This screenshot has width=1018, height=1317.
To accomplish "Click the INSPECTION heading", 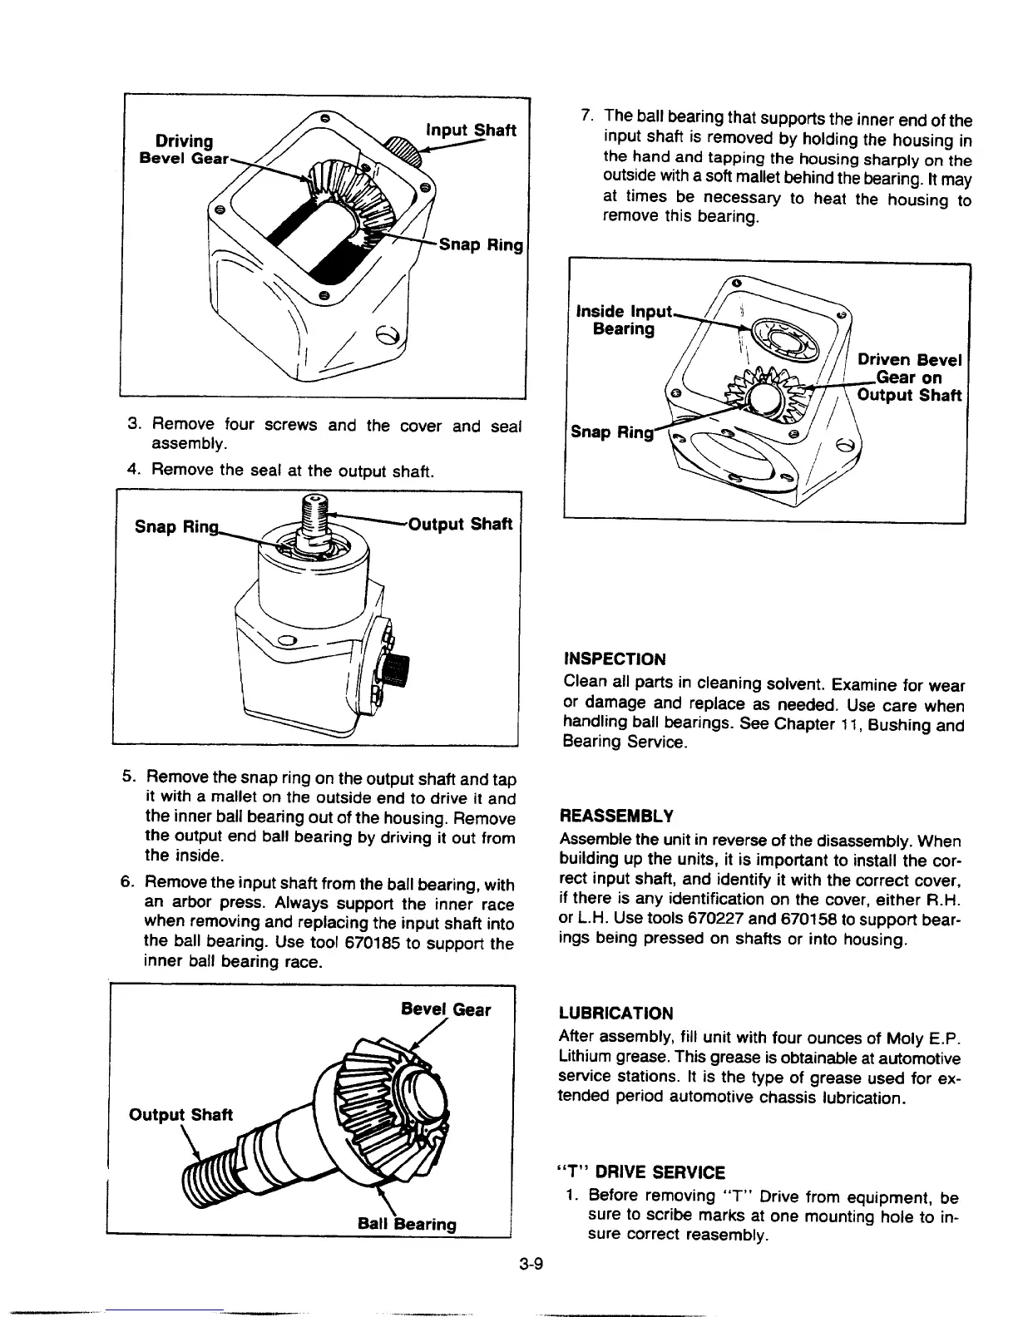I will (615, 659).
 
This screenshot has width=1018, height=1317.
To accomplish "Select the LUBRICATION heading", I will (615, 1013).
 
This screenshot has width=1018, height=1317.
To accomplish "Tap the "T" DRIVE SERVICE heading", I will (640, 1172).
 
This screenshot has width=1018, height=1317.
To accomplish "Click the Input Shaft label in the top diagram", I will (471, 131).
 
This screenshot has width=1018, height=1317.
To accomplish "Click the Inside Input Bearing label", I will (622, 320).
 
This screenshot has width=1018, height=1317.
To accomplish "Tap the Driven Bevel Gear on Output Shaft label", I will (909, 377).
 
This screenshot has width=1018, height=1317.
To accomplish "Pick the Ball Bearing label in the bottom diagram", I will (407, 1224).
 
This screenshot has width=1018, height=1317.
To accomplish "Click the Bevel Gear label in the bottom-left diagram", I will (446, 1009).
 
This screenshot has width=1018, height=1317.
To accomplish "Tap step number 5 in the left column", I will (128, 778).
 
